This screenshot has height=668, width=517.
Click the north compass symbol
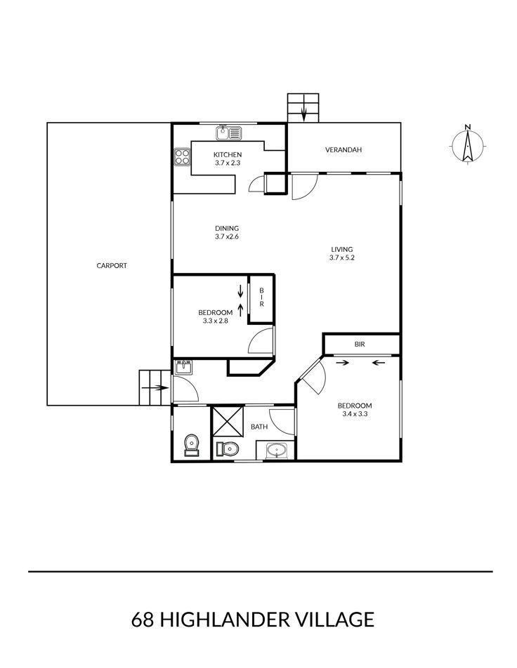coord(468,146)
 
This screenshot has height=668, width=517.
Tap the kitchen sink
coord(228,133)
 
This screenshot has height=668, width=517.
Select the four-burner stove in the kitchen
coord(182,156)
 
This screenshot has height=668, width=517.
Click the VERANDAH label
coord(343,150)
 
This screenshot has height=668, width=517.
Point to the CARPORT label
coord(112,265)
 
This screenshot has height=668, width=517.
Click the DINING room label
coord(227,228)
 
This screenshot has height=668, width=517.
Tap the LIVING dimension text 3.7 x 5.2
coord(342,258)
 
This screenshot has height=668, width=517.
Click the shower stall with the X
coord(228,421)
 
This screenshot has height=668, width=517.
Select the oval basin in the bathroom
coord(277,450)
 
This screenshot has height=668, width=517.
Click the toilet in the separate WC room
coord(192,445)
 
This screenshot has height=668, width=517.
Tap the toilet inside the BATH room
coord(228,448)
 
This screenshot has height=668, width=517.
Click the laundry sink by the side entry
coord(184,367)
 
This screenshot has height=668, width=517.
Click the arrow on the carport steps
coord(154,387)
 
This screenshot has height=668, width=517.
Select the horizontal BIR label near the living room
coord(360,345)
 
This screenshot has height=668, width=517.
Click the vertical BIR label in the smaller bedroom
coord(261,298)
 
